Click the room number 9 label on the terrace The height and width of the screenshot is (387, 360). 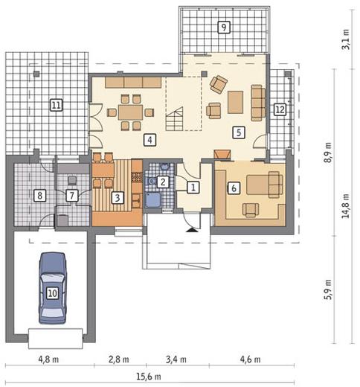(x=224, y=27)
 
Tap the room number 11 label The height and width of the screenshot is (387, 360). (x=56, y=105)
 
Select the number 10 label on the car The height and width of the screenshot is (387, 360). (x=52, y=293)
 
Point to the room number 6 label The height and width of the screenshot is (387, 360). (x=234, y=188)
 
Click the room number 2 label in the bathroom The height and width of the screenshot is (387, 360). (x=162, y=182)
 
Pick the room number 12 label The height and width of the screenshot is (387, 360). (x=280, y=109)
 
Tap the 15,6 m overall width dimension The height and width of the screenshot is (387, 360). (x=149, y=377)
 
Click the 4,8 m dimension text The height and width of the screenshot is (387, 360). (x=48, y=359)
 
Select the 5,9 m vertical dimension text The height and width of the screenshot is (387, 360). (x=328, y=290)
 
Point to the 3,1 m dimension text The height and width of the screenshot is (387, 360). (x=346, y=39)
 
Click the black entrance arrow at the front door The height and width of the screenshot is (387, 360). (x=192, y=230)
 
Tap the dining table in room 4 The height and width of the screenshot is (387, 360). (x=130, y=112)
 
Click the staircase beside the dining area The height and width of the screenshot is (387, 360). (x=175, y=119)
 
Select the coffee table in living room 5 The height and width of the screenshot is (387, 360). (x=235, y=102)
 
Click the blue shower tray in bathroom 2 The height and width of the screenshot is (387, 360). (x=152, y=200)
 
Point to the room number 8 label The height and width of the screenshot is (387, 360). (x=39, y=196)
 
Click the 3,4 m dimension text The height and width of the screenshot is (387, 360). (x=176, y=359)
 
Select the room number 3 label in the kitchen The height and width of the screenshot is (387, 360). (x=118, y=198)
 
